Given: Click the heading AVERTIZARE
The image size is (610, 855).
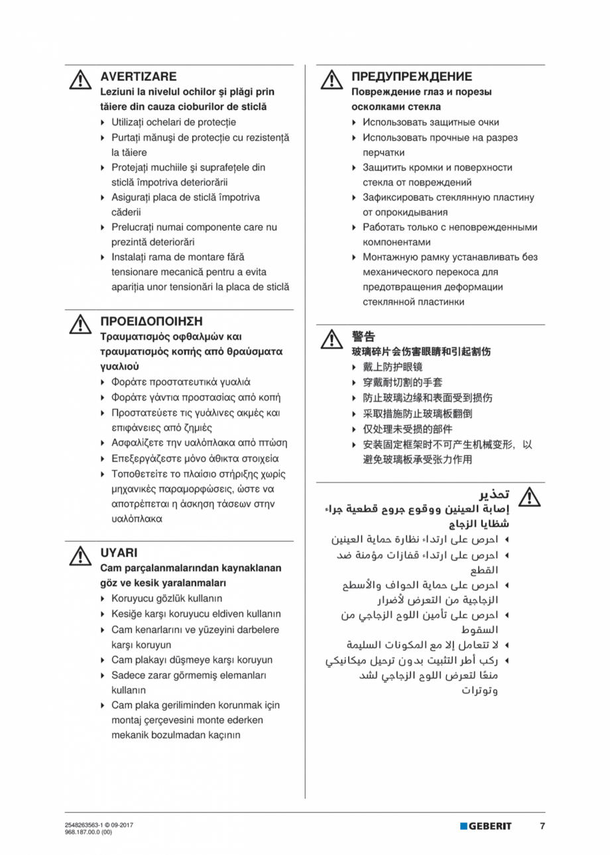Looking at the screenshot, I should pos(138,77).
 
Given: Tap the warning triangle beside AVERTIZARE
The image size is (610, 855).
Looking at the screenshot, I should pos(80,80).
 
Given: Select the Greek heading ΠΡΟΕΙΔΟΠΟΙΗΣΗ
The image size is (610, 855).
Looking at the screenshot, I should pos(151,321).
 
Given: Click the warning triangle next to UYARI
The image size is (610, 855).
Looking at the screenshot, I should pos(80,555).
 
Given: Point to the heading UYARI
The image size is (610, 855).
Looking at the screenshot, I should pos(119,552).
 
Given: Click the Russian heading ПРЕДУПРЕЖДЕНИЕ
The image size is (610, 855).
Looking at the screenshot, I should pos(412,77).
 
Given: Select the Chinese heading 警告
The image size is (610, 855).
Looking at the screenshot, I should pos(363,336).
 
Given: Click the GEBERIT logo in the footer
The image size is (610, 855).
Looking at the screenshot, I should pos(486,826).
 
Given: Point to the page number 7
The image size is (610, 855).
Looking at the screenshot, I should pos(542,826).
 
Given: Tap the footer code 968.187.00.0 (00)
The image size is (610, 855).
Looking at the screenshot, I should pos(84,831).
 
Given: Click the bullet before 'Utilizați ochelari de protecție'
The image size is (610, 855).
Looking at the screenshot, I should pos(102,122).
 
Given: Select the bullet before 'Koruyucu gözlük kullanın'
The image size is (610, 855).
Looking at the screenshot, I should pos(102,598).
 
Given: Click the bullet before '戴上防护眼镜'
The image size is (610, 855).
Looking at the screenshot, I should pos(354,367).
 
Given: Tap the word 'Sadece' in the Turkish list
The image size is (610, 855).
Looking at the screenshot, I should pos(127,675).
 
